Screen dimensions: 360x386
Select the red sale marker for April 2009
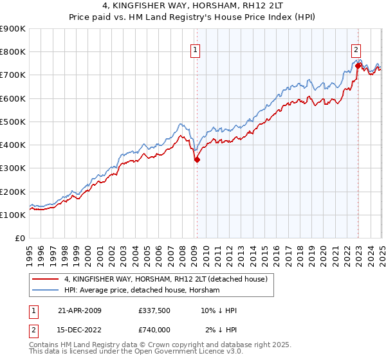197,160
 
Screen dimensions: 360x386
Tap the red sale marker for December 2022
357,65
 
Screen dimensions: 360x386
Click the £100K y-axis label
13,215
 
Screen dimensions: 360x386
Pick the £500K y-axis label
13,122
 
